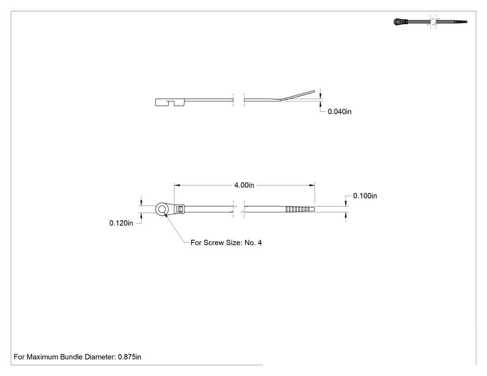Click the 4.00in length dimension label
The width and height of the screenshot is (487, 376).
(244, 185)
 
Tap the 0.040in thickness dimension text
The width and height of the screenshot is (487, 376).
(340, 112)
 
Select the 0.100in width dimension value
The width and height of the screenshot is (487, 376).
(365, 196)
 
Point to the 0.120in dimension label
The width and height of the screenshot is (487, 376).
(121, 223)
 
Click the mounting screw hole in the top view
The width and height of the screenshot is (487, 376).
(161, 209)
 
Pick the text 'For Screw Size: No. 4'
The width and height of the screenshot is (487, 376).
(226, 243)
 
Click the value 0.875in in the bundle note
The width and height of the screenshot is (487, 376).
(129, 357)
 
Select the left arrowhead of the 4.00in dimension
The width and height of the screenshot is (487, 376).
(177, 185)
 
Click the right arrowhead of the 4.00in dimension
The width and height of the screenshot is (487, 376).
(312, 185)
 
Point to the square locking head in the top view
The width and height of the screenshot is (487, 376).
(179, 209)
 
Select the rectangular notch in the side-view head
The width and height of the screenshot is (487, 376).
(171, 103)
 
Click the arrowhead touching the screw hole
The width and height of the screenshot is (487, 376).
(166, 214)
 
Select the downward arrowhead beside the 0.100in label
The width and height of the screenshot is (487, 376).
(346, 203)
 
